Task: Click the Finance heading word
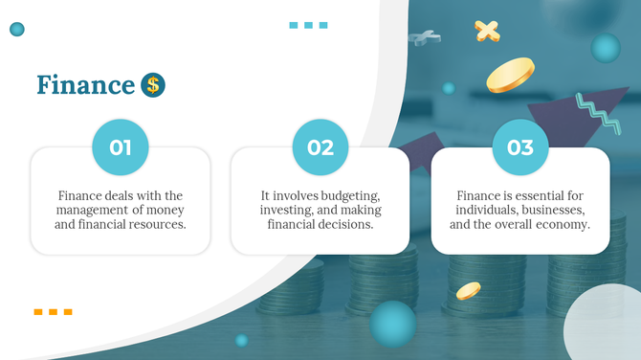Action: (85, 85)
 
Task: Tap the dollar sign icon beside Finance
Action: (153, 85)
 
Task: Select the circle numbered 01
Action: (121, 147)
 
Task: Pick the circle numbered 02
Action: (320, 147)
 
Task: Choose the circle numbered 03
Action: (520, 147)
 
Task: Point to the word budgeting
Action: (345, 195)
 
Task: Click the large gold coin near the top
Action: (510, 76)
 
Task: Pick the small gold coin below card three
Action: (468, 290)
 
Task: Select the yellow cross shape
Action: (488, 31)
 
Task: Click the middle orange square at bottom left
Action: (53, 311)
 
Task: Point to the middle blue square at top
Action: (308, 25)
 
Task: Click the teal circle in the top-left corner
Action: (16, 30)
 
